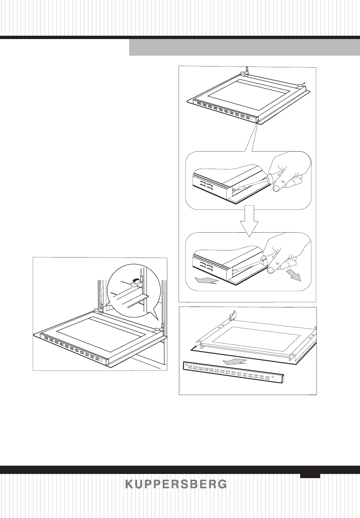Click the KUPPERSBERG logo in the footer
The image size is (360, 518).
[x=176, y=484]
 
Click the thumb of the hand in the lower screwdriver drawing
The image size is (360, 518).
[x=272, y=270]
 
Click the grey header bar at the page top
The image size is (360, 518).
[x=244, y=47]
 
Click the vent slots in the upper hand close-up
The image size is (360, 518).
[x=206, y=185]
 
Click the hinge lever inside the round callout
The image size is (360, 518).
[x=134, y=284]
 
